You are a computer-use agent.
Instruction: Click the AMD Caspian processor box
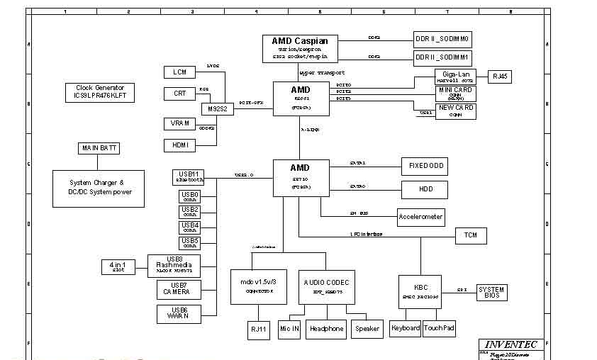coord(300,48)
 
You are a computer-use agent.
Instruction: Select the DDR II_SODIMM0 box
coord(442,39)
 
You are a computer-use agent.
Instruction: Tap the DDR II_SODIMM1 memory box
coord(442,57)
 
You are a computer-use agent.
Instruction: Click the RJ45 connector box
coord(501,77)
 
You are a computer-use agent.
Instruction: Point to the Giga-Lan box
coord(454,77)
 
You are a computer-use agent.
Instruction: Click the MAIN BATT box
coord(99,148)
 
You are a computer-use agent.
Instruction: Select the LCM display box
coord(179,72)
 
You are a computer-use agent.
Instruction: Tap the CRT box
coord(179,94)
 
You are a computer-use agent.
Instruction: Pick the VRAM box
coord(179,123)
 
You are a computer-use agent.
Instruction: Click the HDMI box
coord(179,145)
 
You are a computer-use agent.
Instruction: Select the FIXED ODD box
coord(425,167)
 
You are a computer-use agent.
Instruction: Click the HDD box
coord(425,189)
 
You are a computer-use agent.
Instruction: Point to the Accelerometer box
coord(420,216)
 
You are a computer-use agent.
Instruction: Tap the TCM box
coord(471,235)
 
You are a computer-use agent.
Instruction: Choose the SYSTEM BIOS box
coord(491,292)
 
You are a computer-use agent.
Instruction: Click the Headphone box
coord(327,329)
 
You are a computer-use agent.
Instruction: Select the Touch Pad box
coord(439,328)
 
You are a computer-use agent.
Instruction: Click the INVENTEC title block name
coord(511,344)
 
